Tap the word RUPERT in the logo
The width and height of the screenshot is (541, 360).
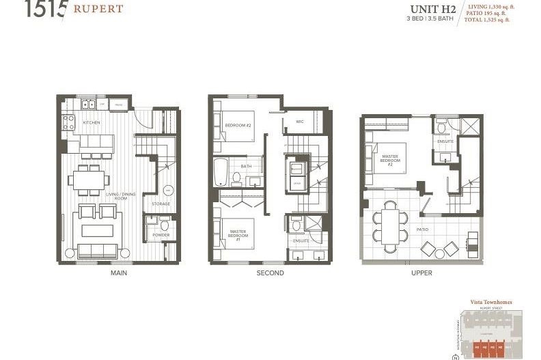coord(99,9)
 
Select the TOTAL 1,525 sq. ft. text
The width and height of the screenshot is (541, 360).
coord(488,20)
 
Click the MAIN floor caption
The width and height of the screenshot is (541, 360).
coord(119,273)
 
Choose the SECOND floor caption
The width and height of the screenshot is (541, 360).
coord(270,273)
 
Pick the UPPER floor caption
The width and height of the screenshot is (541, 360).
coord(421,273)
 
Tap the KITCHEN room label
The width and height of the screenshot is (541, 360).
coord(92,122)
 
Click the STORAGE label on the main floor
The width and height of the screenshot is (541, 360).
coord(161,204)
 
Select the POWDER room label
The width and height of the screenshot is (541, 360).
coord(161,235)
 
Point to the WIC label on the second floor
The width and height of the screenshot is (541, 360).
coord(299,122)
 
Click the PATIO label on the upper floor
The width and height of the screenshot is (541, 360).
coord(422,230)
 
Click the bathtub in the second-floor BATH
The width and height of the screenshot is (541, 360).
coord(221,174)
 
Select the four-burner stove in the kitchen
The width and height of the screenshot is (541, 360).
coord(69,122)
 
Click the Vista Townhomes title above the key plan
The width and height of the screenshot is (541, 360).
coord(490,302)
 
